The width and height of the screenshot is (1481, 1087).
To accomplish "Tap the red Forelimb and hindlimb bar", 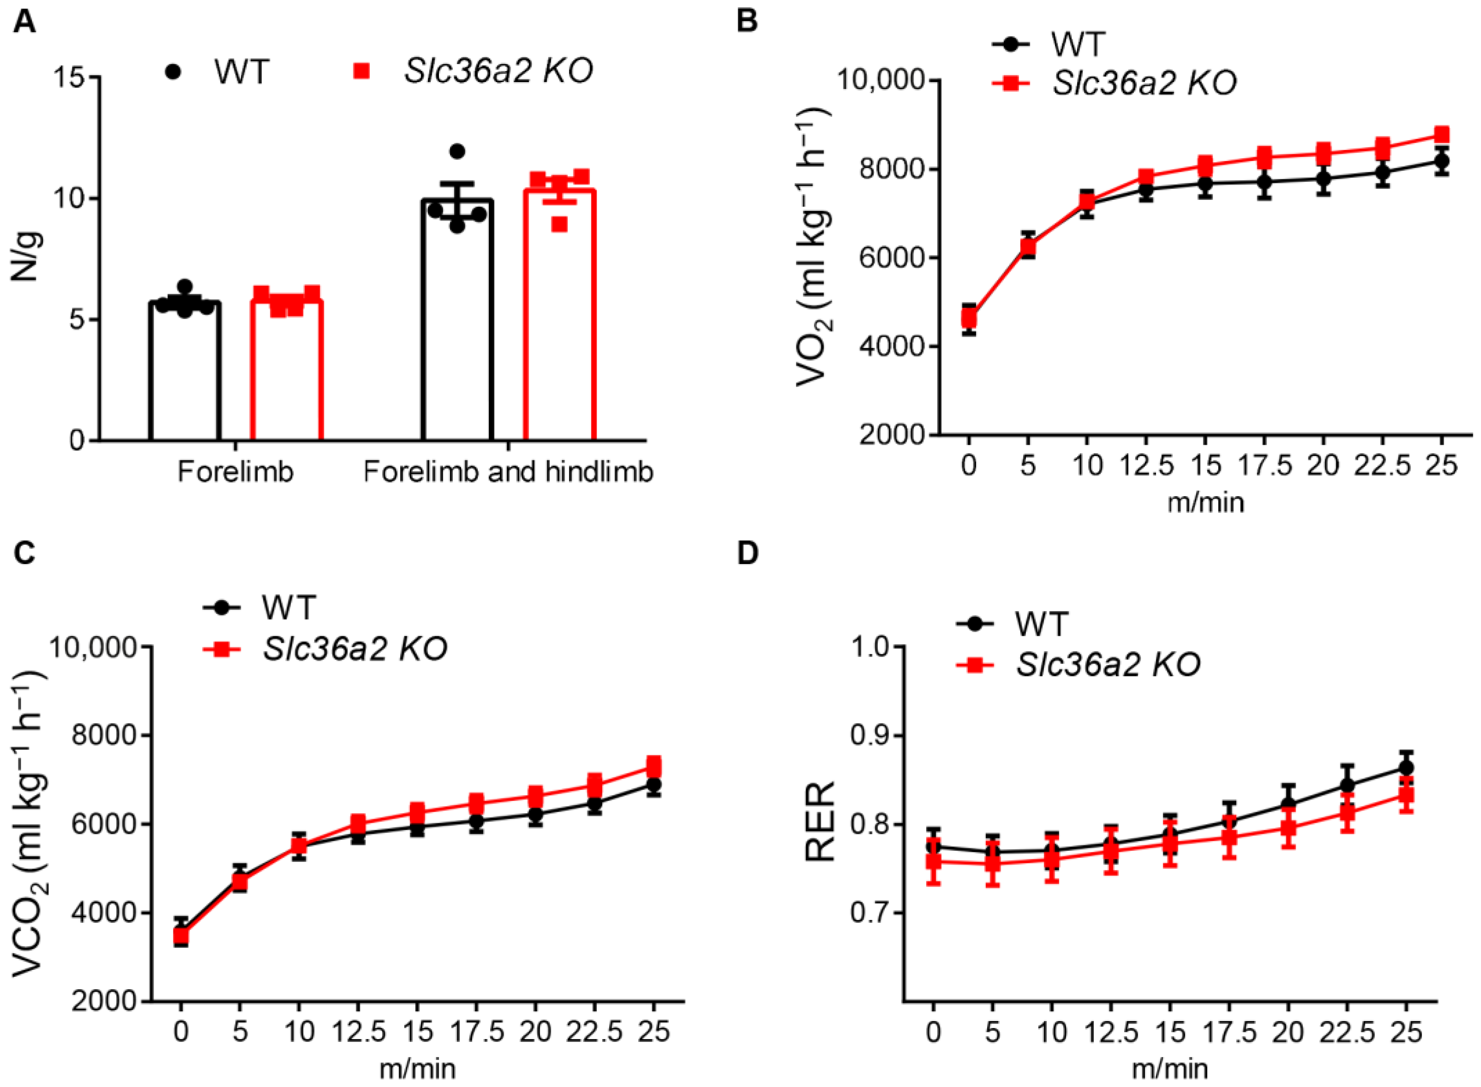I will [x=559, y=316].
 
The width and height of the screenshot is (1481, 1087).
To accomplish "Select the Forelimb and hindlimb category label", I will [x=508, y=472].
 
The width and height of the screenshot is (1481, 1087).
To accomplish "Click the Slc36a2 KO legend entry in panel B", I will [x=1145, y=83].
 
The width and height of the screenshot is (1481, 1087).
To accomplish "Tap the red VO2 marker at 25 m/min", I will [x=1441, y=135].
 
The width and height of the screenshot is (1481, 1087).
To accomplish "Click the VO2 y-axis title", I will [x=812, y=256].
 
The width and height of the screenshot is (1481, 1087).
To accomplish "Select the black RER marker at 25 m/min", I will [x=1406, y=768].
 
